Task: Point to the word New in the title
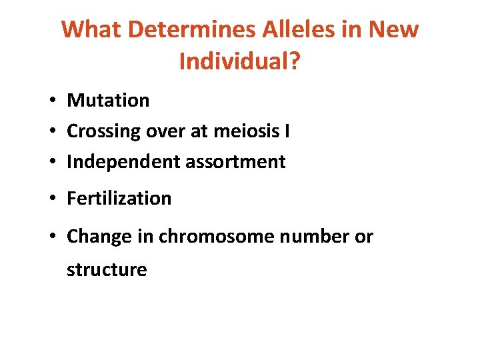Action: (393, 29)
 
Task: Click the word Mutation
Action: (108, 101)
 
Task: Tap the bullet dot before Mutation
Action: (51, 101)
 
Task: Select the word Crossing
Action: (103, 131)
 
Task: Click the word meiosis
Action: (246, 131)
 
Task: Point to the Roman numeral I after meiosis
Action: (287, 131)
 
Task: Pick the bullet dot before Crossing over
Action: (51, 132)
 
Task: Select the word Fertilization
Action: (119, 199)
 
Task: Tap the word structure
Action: (107, 270)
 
